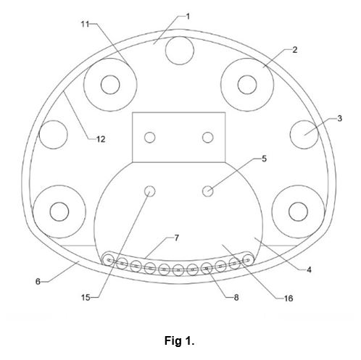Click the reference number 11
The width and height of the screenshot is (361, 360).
point(85,24)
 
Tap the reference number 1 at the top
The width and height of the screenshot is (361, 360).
point(188,17)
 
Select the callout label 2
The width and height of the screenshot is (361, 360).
point(294,50)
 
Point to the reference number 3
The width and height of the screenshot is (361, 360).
point(339,118)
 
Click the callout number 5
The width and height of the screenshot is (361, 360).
point(264,159)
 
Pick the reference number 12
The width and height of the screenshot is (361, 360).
point(101,139)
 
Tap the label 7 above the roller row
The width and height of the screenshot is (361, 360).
point(177,238)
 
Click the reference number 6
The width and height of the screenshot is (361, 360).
point(38,281)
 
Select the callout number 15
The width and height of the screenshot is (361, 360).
point(86,298)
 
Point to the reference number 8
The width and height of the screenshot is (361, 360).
point(236,298)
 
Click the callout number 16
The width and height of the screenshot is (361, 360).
point(289,298)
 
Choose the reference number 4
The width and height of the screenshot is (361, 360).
point(309,269)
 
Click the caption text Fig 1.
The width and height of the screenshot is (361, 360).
point(179,341)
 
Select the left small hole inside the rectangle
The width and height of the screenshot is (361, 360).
point(150,138)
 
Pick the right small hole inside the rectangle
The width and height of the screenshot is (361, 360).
point(207,138)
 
